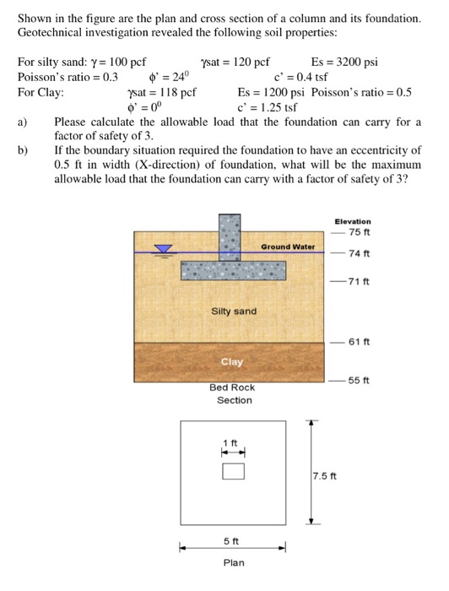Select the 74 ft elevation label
point(359,253)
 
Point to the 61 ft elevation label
point(359,341)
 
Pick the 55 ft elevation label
point(359,380)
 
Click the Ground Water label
point(287,247)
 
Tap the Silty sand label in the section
point(233,312)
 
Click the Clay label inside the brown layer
point(231,361)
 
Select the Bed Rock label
point(232,388)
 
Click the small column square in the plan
point(233,470)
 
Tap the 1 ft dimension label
point(230,444)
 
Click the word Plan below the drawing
point(233,562)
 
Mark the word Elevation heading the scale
point(352,221)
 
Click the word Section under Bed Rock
point(234,400)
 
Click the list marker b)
point(23,150)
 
